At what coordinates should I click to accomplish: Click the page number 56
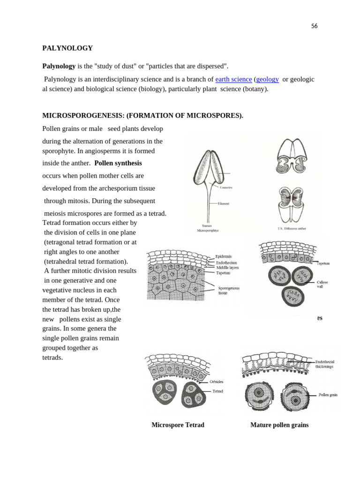[x=314, y=26]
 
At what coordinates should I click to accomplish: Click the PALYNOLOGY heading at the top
[x=67, y=48]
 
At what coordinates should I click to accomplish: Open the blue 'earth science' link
[x=233, y=79]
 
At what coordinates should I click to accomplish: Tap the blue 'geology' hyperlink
[x=267, y=79]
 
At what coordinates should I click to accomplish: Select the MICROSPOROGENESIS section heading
[x=142, y=115]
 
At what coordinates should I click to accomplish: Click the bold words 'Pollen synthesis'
[x=118, y=163]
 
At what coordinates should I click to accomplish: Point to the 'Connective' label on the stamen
[x=226, y=187]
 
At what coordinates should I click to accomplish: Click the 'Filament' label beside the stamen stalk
[x=224, y=204]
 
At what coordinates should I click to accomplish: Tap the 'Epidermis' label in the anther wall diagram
[x=224, y=256]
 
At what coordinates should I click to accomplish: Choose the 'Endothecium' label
[x=226, y=262]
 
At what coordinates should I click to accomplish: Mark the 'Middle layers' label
[x=227, y=268]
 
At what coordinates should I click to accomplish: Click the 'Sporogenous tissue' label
[x=228, y=291]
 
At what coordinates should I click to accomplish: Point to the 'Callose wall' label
[x=323, y=284]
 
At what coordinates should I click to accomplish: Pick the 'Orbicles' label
[x=217, y=382]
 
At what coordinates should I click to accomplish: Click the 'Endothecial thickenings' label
[x=324, y=364]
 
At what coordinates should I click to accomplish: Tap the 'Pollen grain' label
[x=328, y=395]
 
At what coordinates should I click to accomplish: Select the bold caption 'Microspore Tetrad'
[x=178, y=425]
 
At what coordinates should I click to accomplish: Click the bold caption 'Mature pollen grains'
[x=279, y=425]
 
